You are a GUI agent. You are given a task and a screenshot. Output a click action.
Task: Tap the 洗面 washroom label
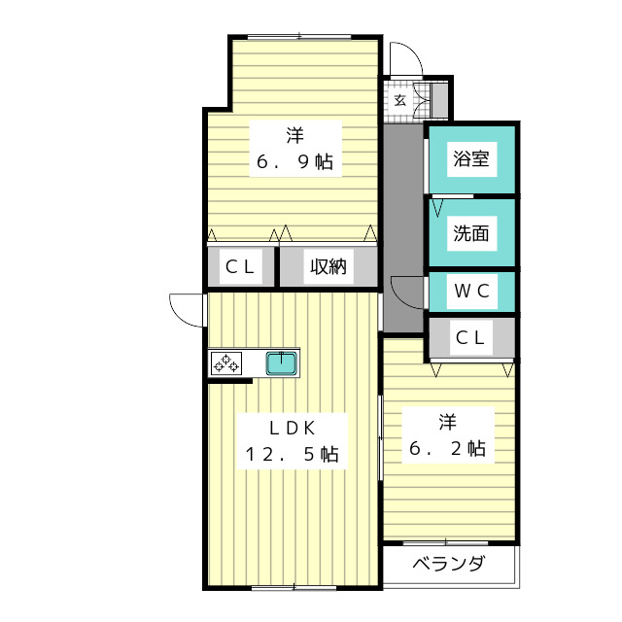(x=471, y=233)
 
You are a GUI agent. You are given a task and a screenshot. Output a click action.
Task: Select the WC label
(x=470, y=291)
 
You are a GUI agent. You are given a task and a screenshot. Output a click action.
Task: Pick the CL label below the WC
(x=470, y=338)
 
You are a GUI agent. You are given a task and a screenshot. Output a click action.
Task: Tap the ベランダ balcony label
(x=449, y=565)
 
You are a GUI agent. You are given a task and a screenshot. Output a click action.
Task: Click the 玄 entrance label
(x=400, y=100)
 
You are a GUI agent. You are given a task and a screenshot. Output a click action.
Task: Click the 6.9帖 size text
(x=294, y=162)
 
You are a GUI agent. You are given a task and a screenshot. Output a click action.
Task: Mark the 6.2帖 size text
(x=447, y=449)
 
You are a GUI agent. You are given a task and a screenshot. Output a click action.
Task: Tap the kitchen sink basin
(x=283, y=363)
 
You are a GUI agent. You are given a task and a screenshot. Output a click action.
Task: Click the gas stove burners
(x=226, y=363)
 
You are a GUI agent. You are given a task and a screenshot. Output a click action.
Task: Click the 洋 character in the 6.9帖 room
(x=294, y=134)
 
